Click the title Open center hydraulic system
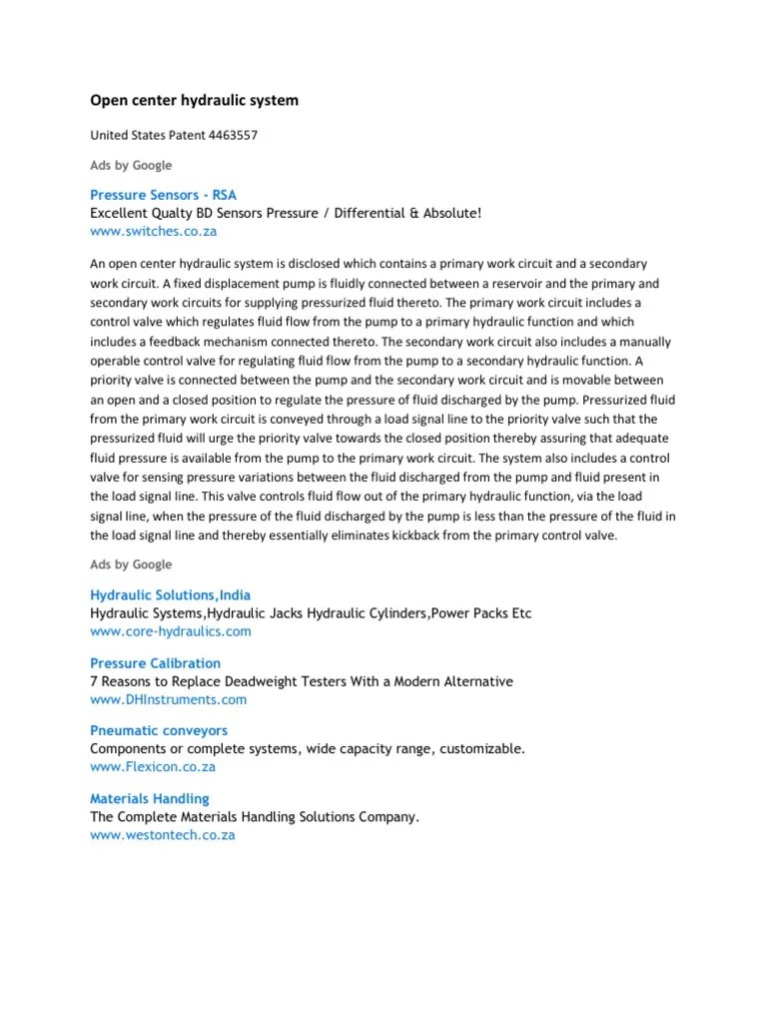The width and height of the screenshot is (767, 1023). [x=194, y=101]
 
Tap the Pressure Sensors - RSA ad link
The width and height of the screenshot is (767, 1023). [x=163, y=195]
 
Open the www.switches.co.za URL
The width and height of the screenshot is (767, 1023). [x=153, y=231]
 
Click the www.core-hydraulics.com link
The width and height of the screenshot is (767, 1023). [x=170, y=631]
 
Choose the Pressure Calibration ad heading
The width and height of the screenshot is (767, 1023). [x=155, y=663]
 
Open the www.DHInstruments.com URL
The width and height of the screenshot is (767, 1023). [x=168, y=699]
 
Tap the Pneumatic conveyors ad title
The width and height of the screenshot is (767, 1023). [x=159, y=731]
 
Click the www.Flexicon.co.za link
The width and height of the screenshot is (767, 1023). [x=153, y=767]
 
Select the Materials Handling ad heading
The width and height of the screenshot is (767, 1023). [x=150, y=799]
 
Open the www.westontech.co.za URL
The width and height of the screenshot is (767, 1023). [x=163, y=835]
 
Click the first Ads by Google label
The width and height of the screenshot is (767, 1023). [x=131, y=165]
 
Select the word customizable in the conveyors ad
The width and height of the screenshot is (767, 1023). [x=478, y=749]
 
